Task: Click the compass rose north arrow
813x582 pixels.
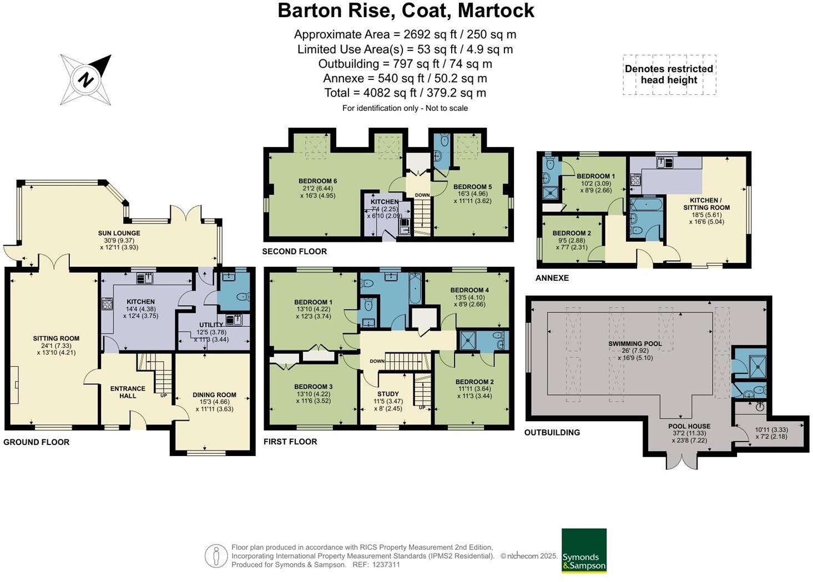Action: tap(86, 79)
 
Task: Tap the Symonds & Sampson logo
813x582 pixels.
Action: tap(584, 550)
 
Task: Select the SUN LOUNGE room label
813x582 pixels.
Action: tap(119, 233)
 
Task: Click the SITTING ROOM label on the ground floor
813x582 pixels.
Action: tap(56, 338)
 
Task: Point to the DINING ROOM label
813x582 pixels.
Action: tap(214, 395)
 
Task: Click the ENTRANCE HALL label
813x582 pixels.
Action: tap(128, 392)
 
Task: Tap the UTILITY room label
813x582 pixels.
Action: tap(211, 325)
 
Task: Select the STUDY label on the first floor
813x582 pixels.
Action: tap(388, 394)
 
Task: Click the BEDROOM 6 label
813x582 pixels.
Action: tap(317, 181)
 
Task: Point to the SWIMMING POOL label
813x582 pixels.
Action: tap(635, 344)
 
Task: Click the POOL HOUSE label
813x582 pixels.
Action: tap(689, 426)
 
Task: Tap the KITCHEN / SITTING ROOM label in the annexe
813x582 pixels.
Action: tap(706, 204)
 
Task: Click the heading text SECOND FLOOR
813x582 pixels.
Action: tap(294, 251)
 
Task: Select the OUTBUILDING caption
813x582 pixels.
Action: tap(552, 432)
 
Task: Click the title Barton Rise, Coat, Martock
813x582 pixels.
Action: tap(406, 11)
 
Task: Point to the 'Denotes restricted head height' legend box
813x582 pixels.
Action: tap(669, 74)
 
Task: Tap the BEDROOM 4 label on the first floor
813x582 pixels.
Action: tap(469, 290)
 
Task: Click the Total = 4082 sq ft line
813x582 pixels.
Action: tap(405, 93)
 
